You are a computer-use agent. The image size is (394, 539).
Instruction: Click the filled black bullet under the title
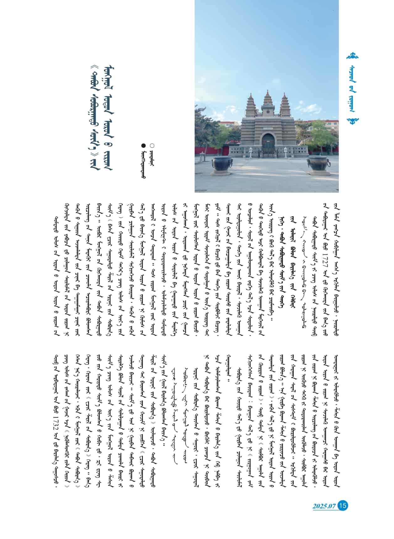[x=143, y=145]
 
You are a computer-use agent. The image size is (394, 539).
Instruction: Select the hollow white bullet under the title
[x=152, y=145]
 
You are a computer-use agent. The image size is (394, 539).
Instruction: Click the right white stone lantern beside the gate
[x=286, y=152]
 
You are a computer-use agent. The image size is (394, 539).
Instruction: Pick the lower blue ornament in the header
[x=356, y=120]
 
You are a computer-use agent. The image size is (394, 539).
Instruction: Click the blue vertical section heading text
[x=356, y=88]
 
